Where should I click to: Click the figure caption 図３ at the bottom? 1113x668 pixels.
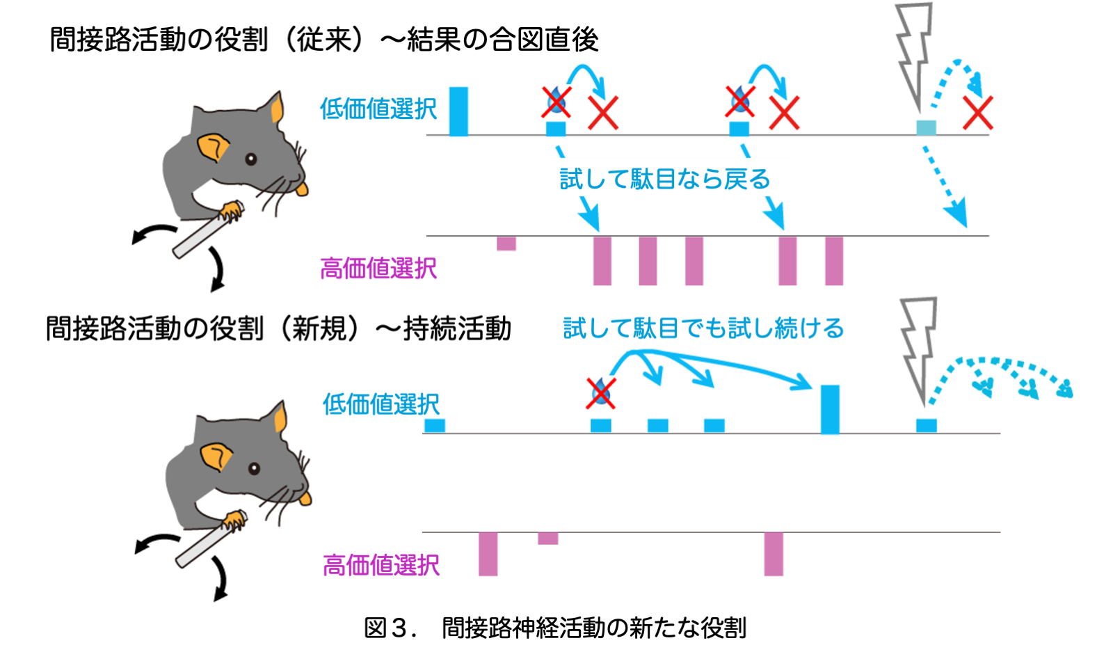(555, 628)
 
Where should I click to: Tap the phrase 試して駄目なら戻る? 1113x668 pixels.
(665, 180)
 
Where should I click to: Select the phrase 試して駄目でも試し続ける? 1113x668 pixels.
(703, 328)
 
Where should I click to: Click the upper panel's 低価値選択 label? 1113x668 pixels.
(378, 109)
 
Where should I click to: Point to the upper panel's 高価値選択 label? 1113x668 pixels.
(378, 269)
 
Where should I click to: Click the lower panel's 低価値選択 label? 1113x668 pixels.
(381, 404)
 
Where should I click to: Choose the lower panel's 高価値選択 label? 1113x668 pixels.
(381, 565)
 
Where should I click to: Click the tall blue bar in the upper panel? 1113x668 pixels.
(458, 111)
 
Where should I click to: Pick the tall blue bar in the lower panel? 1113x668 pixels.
(830, 409)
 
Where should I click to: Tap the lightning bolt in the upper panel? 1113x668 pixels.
(913, 56)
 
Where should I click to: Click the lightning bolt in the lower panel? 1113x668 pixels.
(918, 348)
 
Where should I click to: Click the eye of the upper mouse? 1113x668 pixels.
(251, 159)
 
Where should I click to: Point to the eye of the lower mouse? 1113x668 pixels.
(254, 468)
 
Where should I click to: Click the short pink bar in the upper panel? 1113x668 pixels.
(506, 244)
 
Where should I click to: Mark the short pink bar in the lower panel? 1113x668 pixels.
(548, 538)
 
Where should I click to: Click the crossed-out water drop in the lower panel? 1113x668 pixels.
(600, 393)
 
